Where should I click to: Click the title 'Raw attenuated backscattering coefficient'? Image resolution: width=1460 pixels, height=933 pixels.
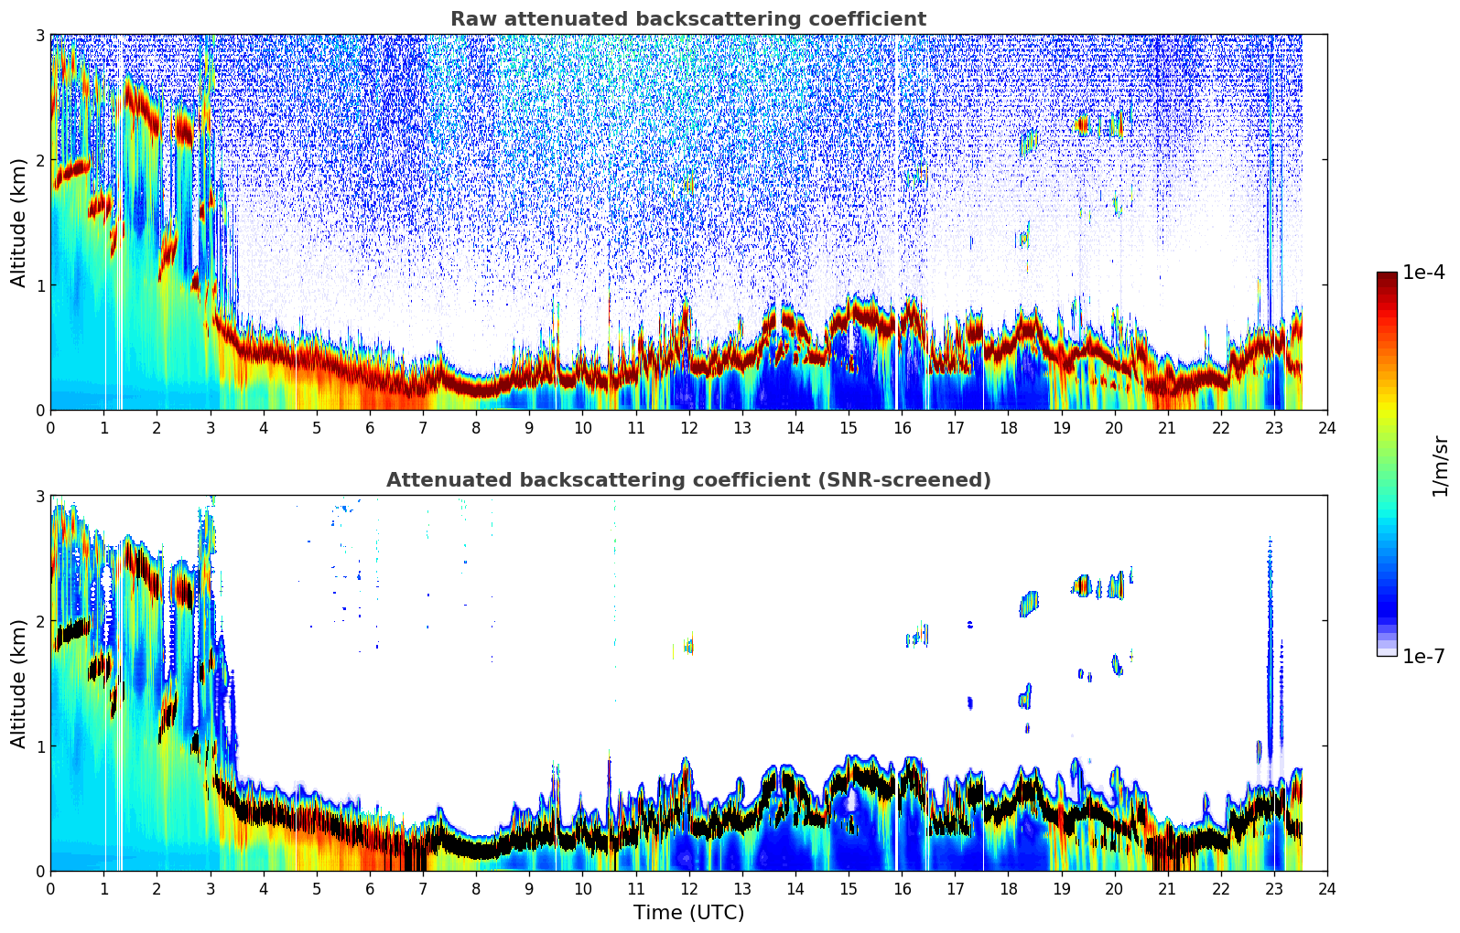click(688, 19)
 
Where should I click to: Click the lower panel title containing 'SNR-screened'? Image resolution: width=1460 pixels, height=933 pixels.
click(688, 480)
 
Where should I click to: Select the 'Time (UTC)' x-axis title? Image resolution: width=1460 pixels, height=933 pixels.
click(688, 913)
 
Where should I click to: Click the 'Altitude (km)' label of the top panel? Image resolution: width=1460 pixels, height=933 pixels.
click(19, 222)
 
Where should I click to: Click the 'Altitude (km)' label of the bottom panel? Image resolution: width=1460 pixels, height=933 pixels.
click(19, 683)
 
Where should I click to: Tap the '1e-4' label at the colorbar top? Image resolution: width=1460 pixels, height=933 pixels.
click(1423, 273)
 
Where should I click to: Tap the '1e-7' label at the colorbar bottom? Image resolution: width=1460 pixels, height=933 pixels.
click(1423, 656)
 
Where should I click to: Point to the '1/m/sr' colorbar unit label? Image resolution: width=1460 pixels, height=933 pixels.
click(1440, 466)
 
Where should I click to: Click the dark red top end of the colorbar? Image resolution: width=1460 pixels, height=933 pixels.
click(1387, 277)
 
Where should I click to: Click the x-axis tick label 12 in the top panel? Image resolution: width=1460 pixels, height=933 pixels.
click(688, 428)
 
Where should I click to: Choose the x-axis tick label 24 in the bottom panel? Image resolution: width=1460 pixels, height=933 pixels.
click(1327, 889)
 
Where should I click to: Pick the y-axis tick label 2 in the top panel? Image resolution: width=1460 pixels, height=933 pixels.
click(39, 161)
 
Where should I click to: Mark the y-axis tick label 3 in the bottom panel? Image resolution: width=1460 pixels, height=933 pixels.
click(39, 497)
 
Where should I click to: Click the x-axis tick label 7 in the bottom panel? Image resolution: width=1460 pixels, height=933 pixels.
click(423, 889)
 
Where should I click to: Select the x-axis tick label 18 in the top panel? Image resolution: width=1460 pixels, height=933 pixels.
click(1008, 428)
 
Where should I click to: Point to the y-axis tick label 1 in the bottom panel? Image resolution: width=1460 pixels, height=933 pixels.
click(39, 746)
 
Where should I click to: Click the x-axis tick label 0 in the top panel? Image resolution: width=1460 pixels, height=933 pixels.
click(50, 428)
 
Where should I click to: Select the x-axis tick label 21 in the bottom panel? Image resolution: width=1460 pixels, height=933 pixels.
click(1167, 889)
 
